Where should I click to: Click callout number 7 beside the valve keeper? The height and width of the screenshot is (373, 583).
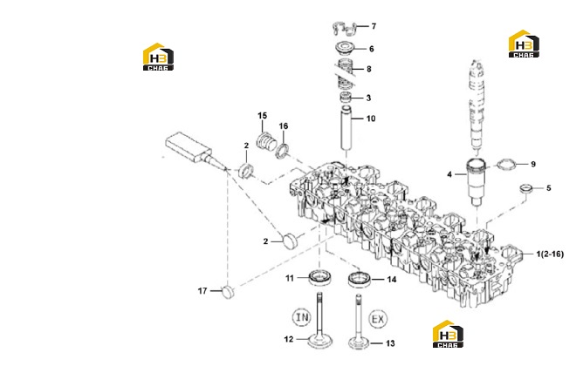click(x=374, y=26)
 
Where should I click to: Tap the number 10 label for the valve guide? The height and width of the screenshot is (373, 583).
click(x=371, y=119)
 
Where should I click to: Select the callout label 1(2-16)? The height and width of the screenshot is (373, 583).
click(x=550, y=254)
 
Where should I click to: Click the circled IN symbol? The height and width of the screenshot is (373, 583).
click(x=302, y=317)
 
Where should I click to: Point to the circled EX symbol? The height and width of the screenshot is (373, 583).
click(x=378, y=319)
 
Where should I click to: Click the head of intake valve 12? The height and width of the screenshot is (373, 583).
click(x=320, y=342)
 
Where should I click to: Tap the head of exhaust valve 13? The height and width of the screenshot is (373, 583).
click(x=359, y=343)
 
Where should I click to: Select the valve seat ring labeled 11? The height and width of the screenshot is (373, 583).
click(x=320, y=278)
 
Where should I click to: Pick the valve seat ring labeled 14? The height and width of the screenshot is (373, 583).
click(x=360, y=279)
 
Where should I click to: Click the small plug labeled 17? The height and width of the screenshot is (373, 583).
click(x=229, y=292)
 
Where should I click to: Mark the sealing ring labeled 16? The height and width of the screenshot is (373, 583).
click(x=284, y=151)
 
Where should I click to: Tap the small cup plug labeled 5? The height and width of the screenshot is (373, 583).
click(x=525, y=187)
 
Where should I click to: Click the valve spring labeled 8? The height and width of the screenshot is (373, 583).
click(x=346, y=73)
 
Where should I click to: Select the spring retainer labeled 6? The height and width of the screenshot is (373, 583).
click(x=346, y=48)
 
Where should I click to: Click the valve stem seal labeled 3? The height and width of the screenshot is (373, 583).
click(x=346, y=98)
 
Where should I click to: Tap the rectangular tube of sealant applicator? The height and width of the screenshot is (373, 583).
click(x=189, y=146)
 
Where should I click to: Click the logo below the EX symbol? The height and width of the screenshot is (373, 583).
click(x=448, y=334)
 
